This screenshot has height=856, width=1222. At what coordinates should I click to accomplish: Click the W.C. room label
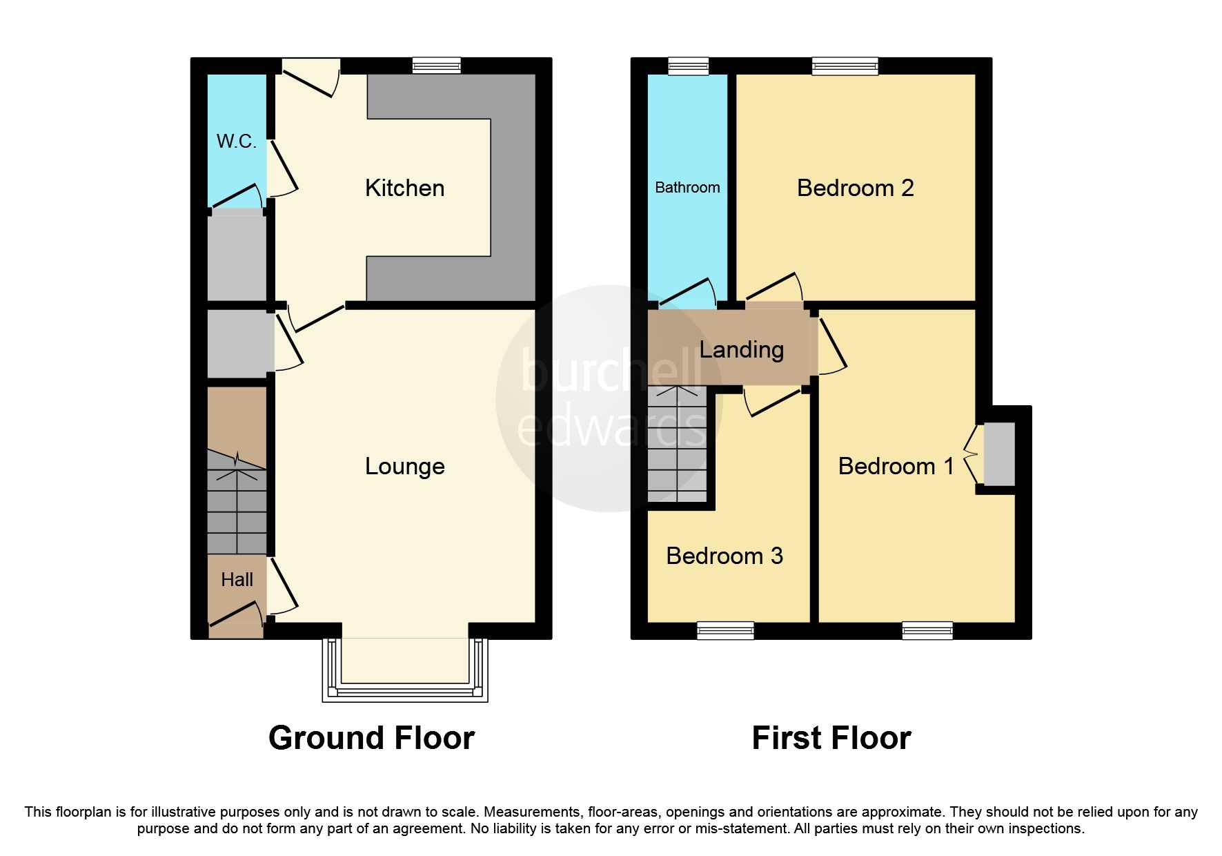pyautogui.click(x=236, y=142)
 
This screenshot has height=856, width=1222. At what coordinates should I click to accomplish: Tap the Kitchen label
pyautogui.click(x=404, y=188)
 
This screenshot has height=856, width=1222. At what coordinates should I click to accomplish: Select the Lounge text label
pyautogui.click(x=404, y=467)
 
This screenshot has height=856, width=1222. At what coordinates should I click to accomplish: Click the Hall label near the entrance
pyautogui.click(x=237, y=580)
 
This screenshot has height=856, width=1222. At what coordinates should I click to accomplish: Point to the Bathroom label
pyautogui.click(x=687, y=188)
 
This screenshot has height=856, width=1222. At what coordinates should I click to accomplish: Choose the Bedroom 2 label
pyautogui.click(x=855, y=188)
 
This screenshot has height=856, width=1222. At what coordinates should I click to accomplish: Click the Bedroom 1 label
pyautogui.click(x=896, y=467)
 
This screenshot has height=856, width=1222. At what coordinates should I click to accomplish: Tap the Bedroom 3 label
pyautogui.click(x=725, y=556)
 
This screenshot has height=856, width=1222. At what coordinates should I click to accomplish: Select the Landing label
pyautogui.click(x=741, y=350)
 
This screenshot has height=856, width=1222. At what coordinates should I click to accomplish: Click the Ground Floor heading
pyautogui.click(x=371, y=738)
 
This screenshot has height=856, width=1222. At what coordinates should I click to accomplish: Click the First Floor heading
pyautogui.click(x=831, y=738)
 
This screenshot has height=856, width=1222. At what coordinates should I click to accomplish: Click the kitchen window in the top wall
pyautogui.click(x=436, y=66)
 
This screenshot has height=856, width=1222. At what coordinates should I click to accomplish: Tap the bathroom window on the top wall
pyautogui.click(x=688, y=66)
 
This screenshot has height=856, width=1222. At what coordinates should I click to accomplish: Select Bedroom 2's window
pyautogui.click(x=845, y=66)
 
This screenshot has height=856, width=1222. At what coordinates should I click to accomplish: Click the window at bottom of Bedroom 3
pyautogui.click(x=725, y=630)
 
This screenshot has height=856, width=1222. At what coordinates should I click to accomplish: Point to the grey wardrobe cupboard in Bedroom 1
pyautogui.click(x=998, y=454)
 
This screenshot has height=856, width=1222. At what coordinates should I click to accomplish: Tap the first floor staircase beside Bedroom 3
pyautogui.click(x=677, y=445)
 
